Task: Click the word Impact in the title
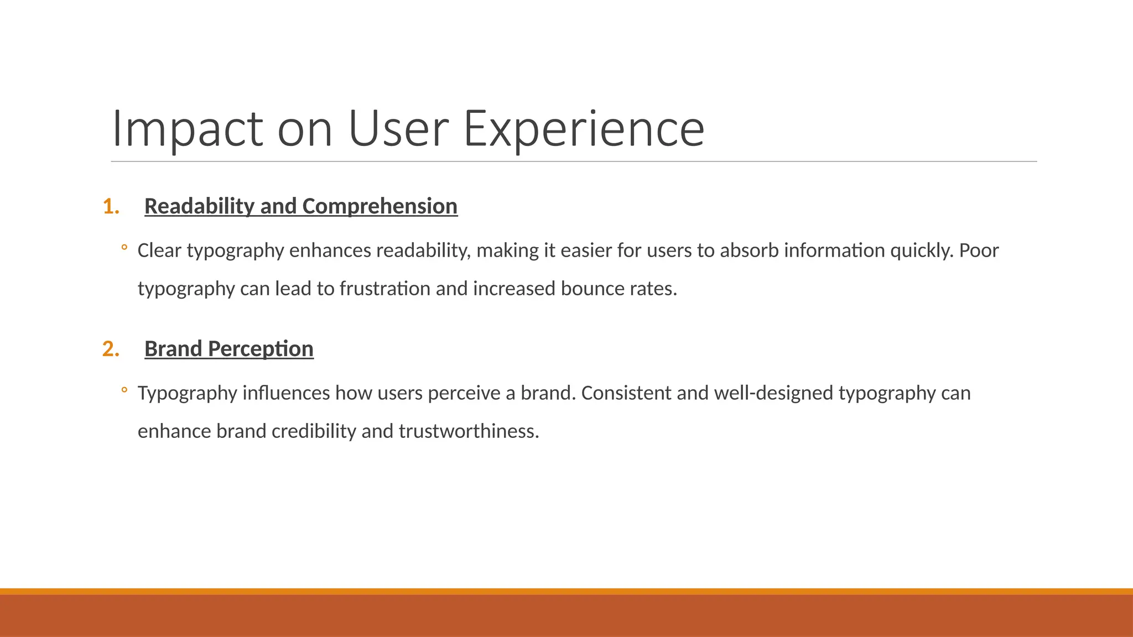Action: (x=187, y=129)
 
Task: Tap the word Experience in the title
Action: (x=584, y=129)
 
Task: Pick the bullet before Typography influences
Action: (x=124, y=390)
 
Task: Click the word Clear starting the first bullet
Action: (x=159, y=250)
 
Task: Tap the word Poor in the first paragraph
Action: (x=979, y=250)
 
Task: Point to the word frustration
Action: (x=385, y=289)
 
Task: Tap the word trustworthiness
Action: (x=469, y=431)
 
